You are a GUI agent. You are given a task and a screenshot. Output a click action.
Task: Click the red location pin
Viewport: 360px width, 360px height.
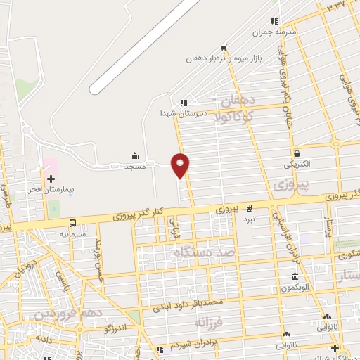point(181,165)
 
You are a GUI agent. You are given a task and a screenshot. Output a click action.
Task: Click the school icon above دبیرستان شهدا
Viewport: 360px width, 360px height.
point(183,102)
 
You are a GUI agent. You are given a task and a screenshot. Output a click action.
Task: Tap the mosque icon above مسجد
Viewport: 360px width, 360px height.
point(134,155)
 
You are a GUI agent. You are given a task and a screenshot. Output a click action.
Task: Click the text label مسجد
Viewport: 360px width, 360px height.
point(134,166)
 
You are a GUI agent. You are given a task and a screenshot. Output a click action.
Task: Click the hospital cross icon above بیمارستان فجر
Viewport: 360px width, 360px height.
point(51,179)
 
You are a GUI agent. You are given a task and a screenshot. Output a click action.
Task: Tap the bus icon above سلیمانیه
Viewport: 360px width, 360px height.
point(72,221)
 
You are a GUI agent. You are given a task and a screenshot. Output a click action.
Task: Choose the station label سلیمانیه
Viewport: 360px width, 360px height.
point(72,233)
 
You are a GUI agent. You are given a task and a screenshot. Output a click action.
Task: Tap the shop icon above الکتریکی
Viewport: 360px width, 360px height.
point(297,153)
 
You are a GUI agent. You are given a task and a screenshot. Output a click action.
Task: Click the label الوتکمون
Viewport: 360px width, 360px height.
point(295,288)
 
